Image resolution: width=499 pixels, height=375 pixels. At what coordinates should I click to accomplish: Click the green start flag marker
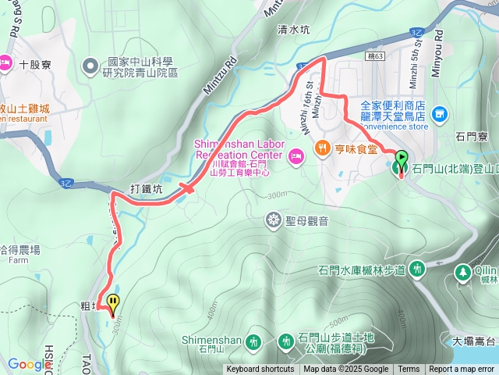pos(401,159)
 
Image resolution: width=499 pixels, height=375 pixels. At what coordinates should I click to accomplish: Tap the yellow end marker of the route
pos(115,302)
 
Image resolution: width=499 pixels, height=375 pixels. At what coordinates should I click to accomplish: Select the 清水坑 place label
pos(294,30)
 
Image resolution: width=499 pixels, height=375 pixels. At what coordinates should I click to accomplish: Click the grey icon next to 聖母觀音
pos(274,220)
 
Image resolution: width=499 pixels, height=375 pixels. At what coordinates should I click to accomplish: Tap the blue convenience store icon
pos(439,114)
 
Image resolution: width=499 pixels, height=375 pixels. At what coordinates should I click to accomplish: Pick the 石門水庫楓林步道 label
pos(362,270)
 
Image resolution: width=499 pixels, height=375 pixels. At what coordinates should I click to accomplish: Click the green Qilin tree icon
pos(462,272)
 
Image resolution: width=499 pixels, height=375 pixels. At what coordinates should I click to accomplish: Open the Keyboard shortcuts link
pos(260,370)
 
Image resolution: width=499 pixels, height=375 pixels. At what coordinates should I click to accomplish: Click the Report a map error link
pos(462,370)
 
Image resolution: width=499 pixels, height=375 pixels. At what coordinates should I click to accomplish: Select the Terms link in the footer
pos(409,370)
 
